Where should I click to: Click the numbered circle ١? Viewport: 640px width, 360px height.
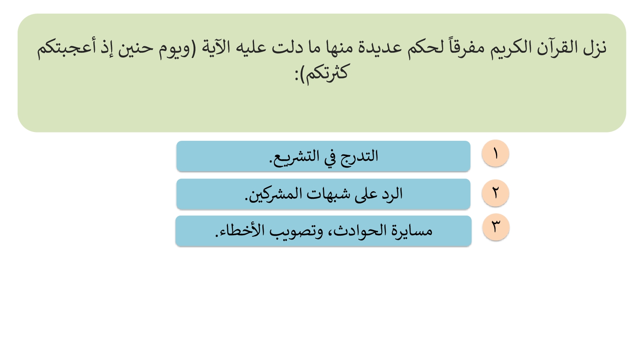496,154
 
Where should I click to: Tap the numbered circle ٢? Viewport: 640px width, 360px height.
496,193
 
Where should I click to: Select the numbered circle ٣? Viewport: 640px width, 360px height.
496,227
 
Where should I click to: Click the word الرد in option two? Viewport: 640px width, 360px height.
392,194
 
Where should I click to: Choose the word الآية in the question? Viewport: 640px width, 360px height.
216,48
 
